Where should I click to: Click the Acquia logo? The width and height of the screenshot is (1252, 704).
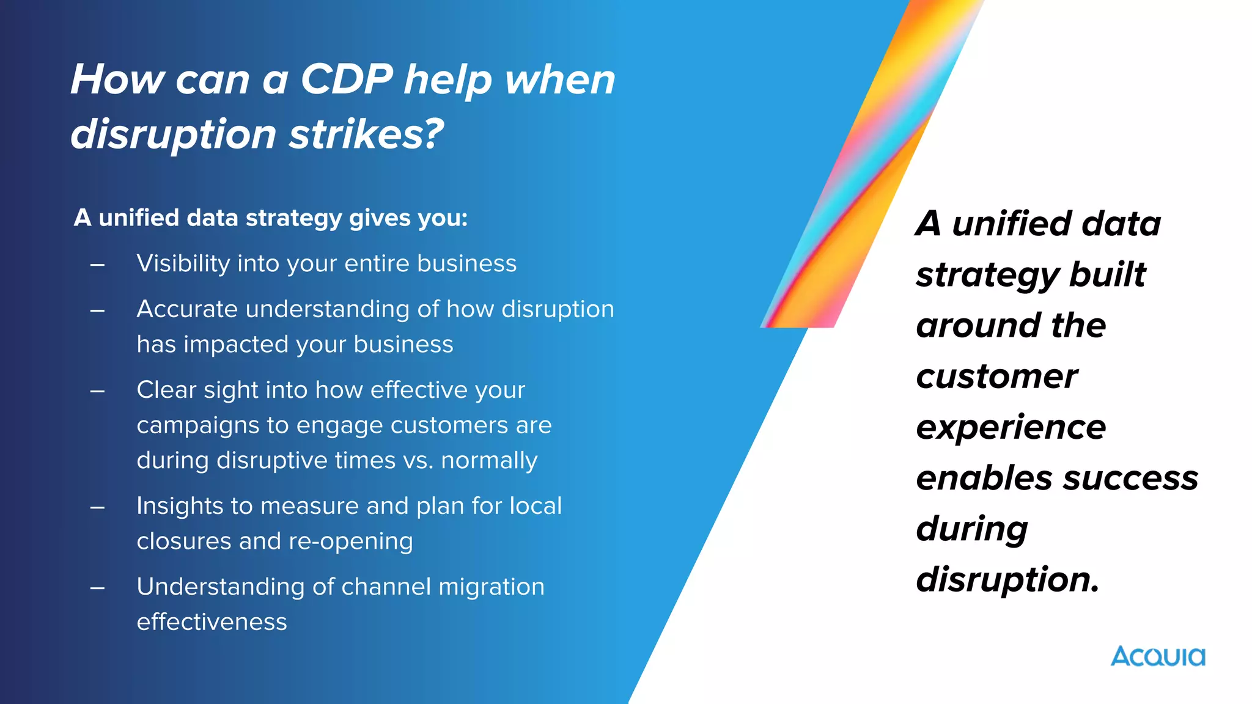pos(1158,656)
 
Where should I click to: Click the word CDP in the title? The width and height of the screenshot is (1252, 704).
pos(347,79)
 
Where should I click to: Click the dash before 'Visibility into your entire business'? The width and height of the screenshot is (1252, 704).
pos(97,265)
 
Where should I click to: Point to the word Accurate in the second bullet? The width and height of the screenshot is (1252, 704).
pos(187,309)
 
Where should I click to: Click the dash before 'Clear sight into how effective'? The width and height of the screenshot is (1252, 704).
pos(97,391)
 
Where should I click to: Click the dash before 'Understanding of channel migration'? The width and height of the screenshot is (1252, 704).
pos(97,588)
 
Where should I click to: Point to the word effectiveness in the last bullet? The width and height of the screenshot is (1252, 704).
pos(212,622)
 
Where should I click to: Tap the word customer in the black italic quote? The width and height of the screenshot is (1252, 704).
pos(996,376)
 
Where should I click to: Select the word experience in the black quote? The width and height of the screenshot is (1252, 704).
pos(1011,427)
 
